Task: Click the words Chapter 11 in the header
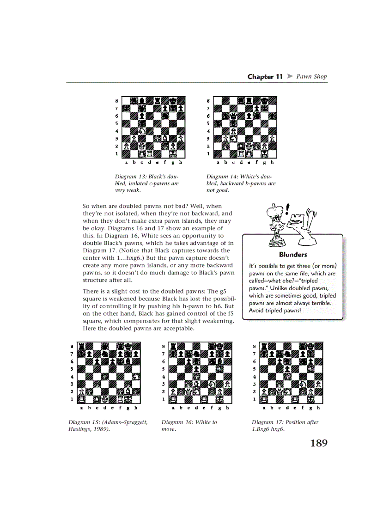tap(265, 77)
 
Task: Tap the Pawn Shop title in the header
tap(311, 77)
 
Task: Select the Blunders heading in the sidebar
tap(293, 255)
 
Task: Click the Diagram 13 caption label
tap(131, 177)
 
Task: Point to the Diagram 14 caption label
tap(222, 177)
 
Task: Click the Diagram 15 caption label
tap(84, 422)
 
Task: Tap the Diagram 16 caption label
tap(177, 422)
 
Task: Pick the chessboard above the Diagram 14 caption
tap(245, 127)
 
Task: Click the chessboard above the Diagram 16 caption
tap(200, 373)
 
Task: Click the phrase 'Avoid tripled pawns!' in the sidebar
tap(275, 310)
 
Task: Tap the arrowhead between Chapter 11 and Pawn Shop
tap(290, 77)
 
